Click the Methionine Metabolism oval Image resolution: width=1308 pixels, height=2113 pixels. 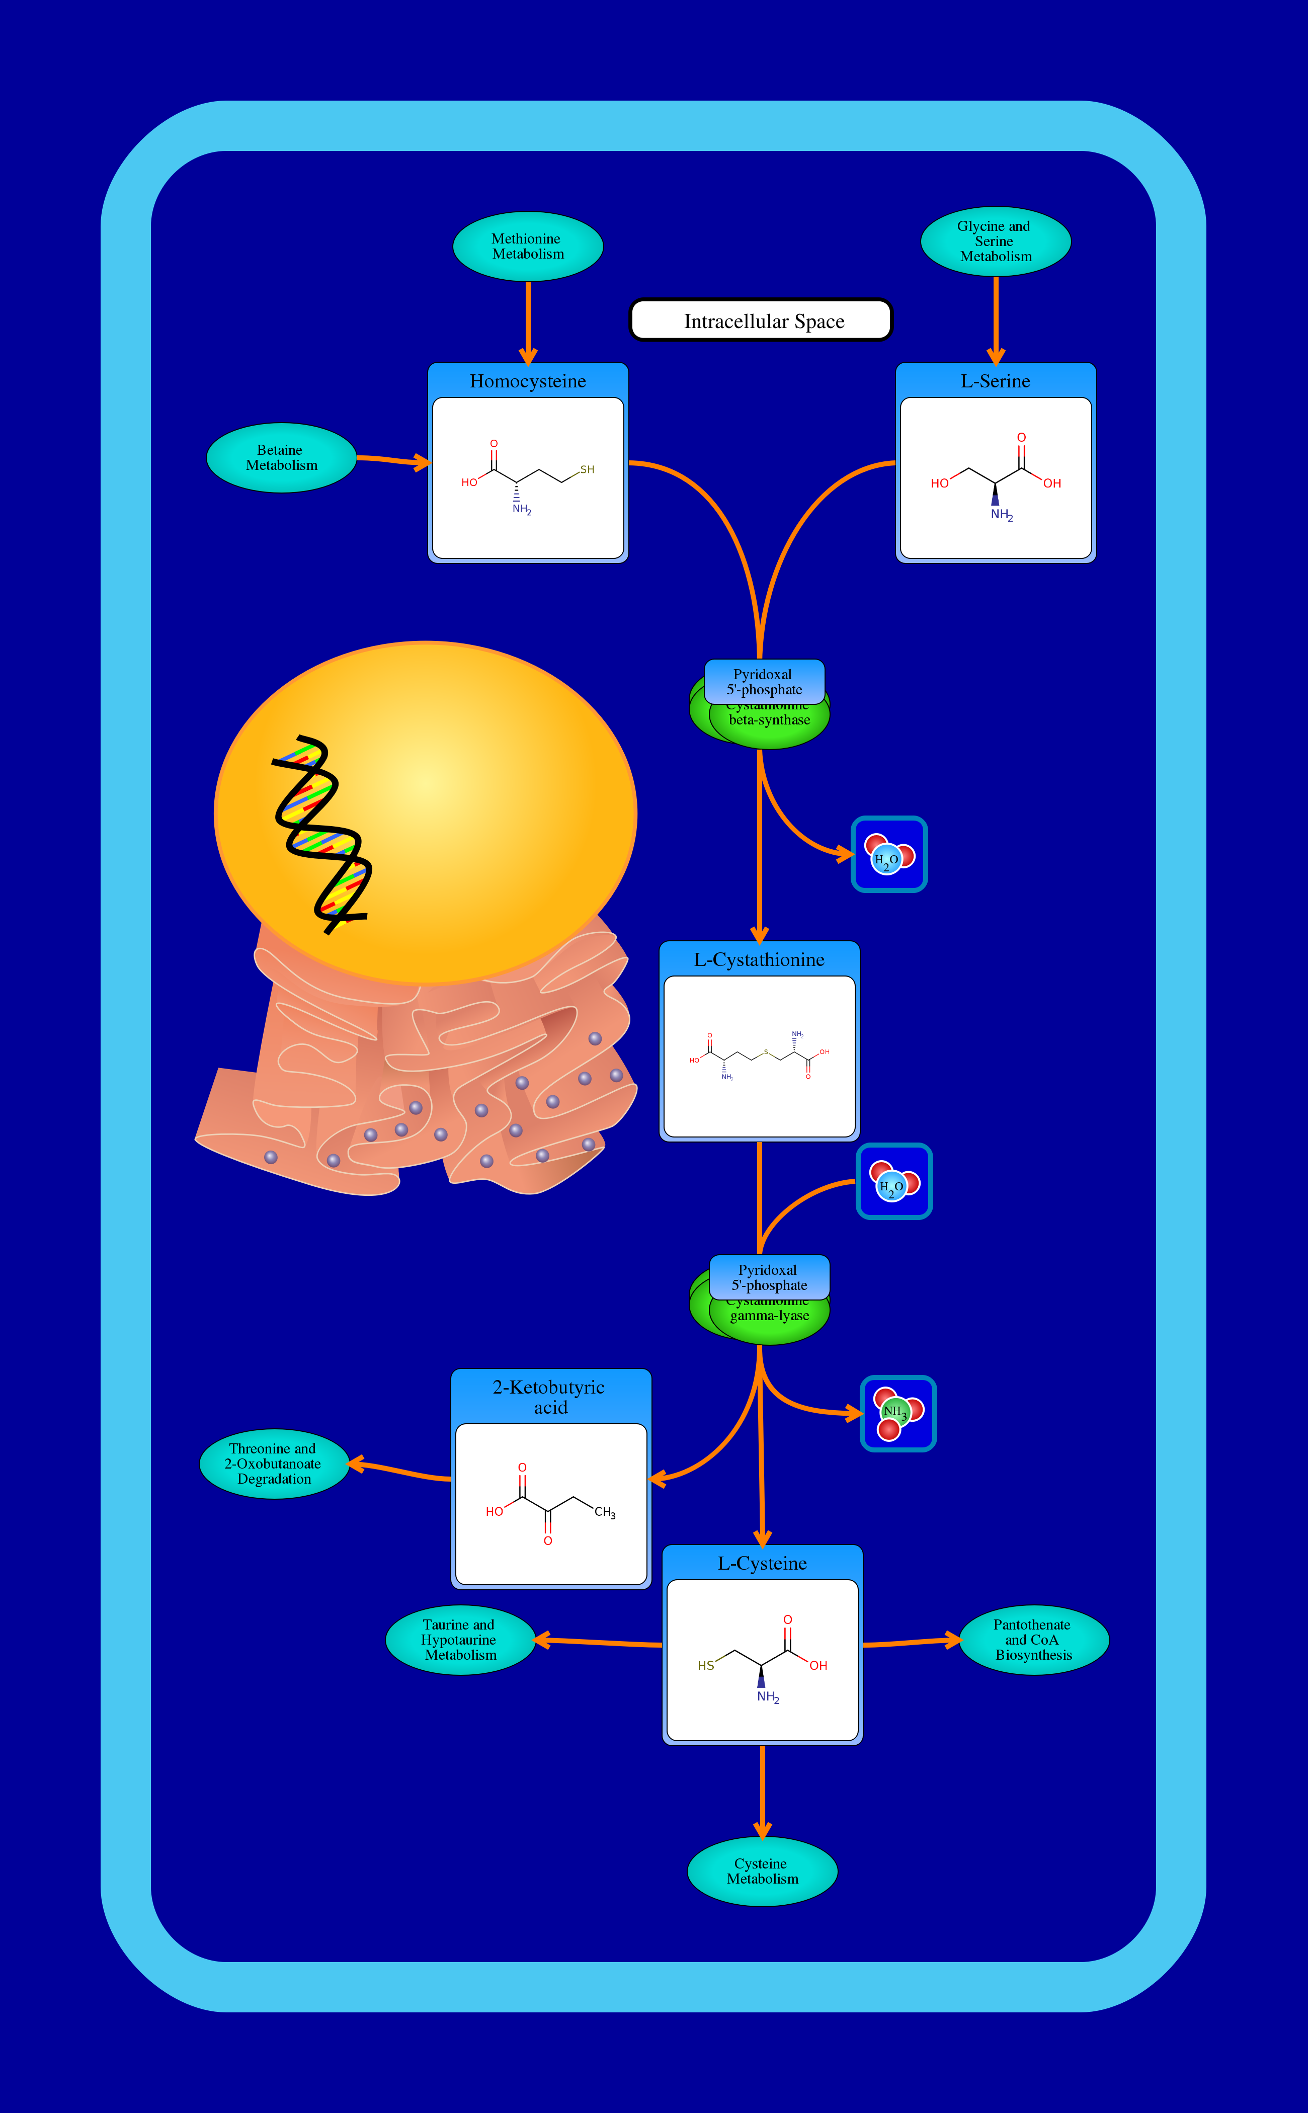(x=528, y=247)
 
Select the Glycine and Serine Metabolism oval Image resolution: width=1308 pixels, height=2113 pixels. (x=996, y=241)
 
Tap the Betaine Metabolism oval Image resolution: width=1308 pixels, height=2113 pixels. (x=281, y=457)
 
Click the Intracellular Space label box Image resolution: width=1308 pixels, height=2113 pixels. (x=761, y=321)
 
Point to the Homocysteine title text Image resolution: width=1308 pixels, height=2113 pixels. (x=528, y=381)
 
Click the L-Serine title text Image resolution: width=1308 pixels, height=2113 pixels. (x=995, y=381)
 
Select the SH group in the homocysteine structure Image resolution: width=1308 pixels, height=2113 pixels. (x=587, y=470)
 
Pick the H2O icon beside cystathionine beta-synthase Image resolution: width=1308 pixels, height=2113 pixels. (x=889, y=855)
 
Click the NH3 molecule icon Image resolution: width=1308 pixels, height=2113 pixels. (x=898, y=1413)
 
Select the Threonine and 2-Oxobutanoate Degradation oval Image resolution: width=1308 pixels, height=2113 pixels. (x=273, y=1464)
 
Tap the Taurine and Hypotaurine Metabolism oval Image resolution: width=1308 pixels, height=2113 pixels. (x=459, y=1640)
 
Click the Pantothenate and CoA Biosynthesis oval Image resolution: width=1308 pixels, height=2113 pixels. (x=1033, y=1640)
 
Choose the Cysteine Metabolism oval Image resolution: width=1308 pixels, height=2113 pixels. (x=762, y=1871)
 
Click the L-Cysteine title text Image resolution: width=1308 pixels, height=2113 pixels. (x=762, y=1564)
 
